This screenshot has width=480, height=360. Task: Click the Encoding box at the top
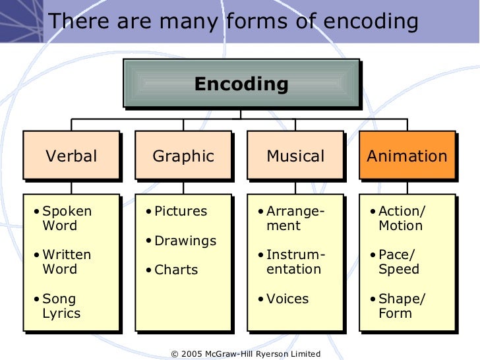[241, 84]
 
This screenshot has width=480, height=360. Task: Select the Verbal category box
[71, 156]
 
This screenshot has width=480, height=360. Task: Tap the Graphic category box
[183, 156]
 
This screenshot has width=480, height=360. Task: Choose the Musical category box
[295, 156]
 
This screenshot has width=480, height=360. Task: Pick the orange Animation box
[407, 156]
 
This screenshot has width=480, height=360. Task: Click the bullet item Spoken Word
[66, 219]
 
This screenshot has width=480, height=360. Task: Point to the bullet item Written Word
[66, 262]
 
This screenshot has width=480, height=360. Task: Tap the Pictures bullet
[180, 212]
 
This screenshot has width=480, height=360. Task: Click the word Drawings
[185, 241]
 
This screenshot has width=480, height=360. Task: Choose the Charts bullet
[176, 270]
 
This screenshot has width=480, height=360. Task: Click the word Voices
[287, 299]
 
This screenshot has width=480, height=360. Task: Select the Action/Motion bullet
[402, 219]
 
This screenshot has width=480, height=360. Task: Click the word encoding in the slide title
[370, 22]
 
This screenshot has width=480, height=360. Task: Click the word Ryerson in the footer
[266, 354]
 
